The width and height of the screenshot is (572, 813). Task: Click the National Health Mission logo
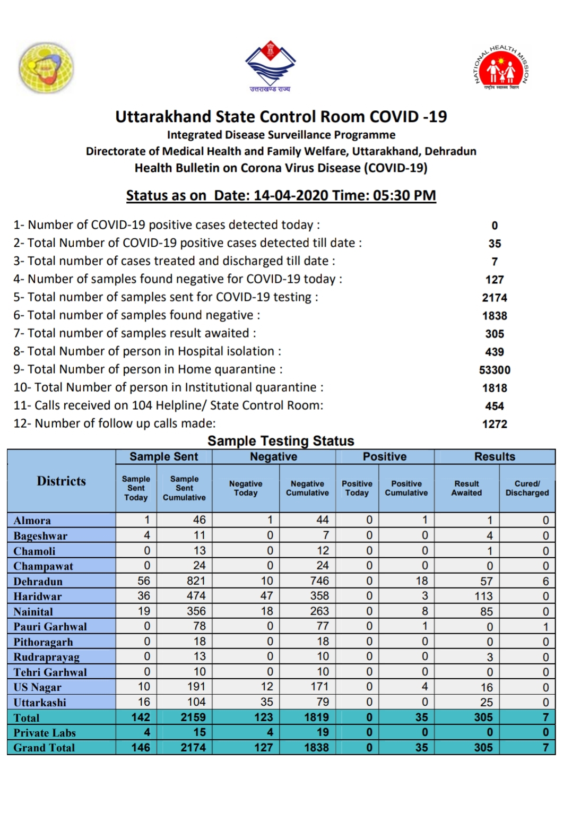coord(501,68)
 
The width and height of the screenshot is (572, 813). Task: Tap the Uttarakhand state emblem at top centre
coord(270,65)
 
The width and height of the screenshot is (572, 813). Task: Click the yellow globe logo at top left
coord(46,68)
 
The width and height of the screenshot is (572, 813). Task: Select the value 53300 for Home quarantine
coord(495,370)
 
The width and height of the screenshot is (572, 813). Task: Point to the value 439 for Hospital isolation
coord(495,352)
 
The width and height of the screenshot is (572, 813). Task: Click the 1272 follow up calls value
coord(495,424)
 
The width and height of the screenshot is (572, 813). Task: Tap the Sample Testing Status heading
coord(281,441)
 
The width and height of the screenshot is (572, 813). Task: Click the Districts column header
coord(62,481)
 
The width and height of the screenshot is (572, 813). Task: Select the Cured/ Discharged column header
coord(527,488)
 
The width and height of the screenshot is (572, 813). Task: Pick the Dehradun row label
coord(38,582)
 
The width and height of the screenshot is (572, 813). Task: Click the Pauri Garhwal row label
coord(50,627)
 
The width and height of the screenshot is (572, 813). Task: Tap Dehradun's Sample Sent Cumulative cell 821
coord(196,581)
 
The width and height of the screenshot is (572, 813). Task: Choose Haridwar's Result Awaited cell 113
coord(483,596)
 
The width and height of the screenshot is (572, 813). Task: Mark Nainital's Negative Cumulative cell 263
coord(319,611)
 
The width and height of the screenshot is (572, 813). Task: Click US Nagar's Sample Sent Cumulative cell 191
coord(196,687)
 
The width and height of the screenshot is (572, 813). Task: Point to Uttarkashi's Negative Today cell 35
coord(266,702)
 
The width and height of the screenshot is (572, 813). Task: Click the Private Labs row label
coord(45,733)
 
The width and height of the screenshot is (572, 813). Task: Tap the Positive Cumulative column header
coord(406,488)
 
